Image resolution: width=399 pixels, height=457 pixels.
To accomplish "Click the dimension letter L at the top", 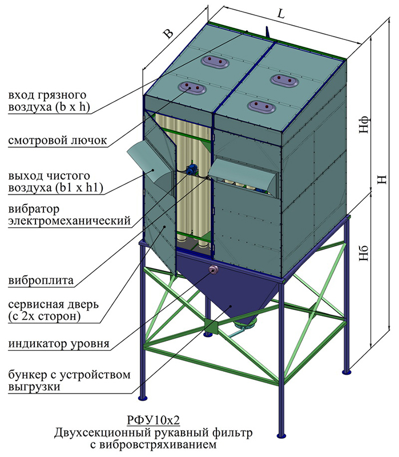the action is (x=280, y=14).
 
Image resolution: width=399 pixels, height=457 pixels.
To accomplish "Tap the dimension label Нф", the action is (x=364, y=125).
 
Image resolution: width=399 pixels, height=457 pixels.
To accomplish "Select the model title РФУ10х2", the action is (x=153, y=420).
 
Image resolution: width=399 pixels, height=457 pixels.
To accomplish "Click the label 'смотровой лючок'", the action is (x=58, y=141).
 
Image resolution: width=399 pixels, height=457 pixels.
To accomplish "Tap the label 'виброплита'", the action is (x=41, y=280).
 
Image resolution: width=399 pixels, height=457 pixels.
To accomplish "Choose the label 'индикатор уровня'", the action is (x=59, y=344).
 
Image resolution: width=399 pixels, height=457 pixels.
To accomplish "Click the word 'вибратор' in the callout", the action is (x=34, y=209).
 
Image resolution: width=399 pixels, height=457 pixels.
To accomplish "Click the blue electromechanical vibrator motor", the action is (x=191, y=169).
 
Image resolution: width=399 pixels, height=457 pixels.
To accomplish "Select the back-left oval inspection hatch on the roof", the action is (x=215, y=62).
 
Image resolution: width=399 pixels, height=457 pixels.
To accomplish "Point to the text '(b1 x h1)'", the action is (x=79, y=188).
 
